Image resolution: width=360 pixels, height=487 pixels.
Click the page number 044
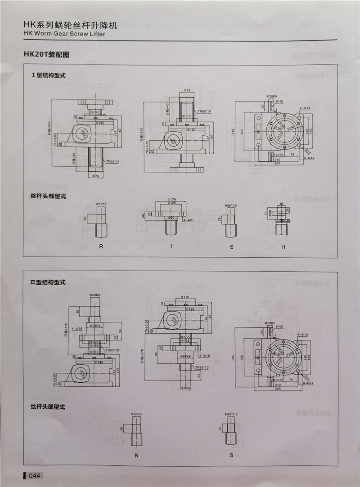point(35,475)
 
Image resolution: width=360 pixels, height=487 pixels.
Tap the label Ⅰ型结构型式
point(48,76)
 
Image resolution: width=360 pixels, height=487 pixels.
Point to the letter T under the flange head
point(171,247)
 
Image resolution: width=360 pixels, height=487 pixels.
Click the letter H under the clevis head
point(283,247)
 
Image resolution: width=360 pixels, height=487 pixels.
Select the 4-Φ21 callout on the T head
point(189,220)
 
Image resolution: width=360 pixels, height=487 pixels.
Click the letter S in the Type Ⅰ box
point(232,247)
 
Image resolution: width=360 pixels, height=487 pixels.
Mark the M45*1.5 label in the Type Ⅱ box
point(230,413)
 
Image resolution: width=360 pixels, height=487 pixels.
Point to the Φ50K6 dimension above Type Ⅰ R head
point(101,204)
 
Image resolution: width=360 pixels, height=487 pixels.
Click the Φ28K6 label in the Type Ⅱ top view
point(270,323)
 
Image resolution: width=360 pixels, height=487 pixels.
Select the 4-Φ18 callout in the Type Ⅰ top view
point(305,108)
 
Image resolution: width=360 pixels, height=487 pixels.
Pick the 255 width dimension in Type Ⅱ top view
point(279,389)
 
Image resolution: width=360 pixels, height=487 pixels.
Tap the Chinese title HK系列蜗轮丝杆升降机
point(70,25)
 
